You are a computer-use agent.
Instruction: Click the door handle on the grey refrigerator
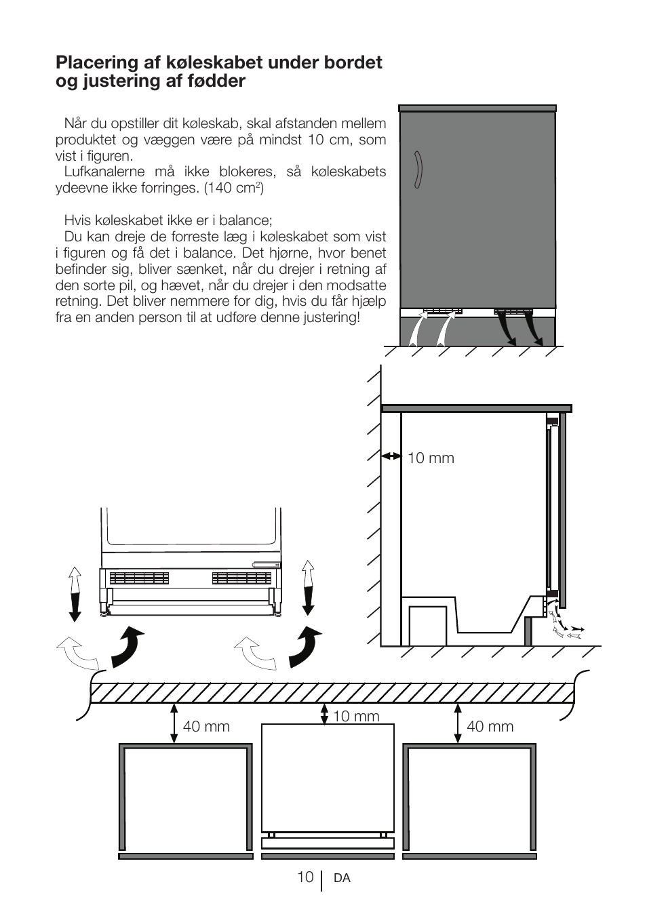tap(420, 169)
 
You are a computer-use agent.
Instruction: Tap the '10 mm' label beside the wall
tap(431, 458)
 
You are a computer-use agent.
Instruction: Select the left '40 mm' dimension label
tap(206, 727)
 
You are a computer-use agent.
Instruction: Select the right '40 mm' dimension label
tap(490, 727)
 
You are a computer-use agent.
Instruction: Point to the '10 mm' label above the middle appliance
tap(356, 717)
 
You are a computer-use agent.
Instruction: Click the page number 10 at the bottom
tap(305, 877)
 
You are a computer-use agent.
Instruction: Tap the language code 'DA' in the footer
tap(342, 879)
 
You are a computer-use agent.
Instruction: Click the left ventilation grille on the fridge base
tap(138, 578)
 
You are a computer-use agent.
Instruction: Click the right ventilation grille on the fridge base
tap(241, 578)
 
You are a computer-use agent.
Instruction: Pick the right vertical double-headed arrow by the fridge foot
tap(309, 587)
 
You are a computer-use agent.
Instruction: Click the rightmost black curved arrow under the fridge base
tap(306, 648)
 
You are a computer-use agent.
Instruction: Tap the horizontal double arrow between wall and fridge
tap(391, 456)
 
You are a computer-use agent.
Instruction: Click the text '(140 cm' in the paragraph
tap(231, 188)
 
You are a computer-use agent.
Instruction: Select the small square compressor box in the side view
tap(427, 625)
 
